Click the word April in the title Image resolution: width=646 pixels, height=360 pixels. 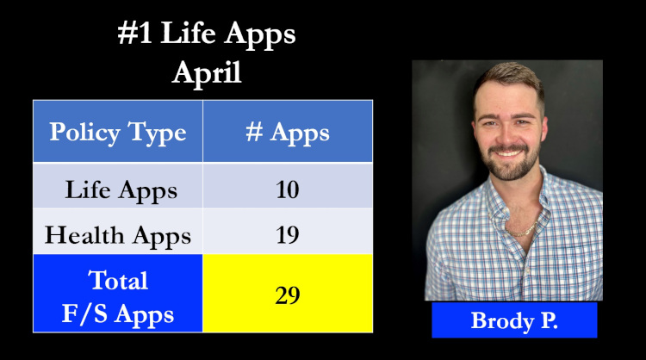click(207, 73)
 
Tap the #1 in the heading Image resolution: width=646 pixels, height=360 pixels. click(134, 32)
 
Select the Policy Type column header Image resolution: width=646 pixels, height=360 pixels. click(118, 132)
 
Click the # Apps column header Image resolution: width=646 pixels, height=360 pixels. click(288, 132)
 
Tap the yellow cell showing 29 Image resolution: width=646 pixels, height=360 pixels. click(288, 294)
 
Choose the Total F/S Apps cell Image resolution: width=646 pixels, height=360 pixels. click(118, 294)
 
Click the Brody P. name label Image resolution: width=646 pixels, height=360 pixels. click(514, 320)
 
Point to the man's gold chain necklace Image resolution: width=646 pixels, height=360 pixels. click(521, 230)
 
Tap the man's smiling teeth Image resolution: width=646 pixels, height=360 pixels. click(508, 153)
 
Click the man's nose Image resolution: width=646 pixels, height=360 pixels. click(506, 133)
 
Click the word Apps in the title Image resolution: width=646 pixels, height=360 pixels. click(260, 35)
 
